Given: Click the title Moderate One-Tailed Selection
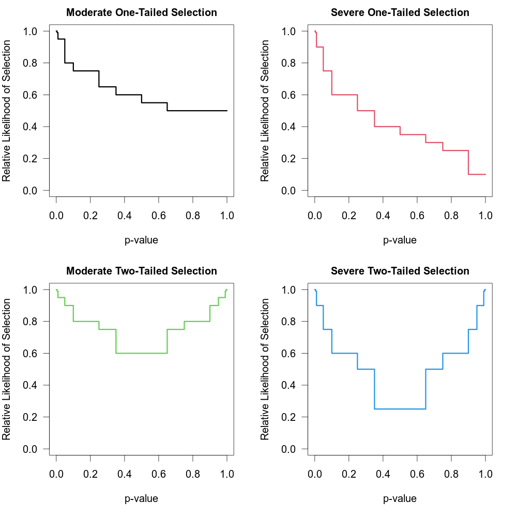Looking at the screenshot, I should click(x=142, y=12).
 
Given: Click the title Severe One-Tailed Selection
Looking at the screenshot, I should click(x=400, y=12).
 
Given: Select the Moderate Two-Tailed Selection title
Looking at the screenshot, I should click(x=142, y=271).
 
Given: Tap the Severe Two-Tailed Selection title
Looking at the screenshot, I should click(x=400, y=271).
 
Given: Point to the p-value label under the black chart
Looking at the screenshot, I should click(x=142, y=240).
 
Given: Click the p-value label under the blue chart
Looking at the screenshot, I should click(x=400, y=498).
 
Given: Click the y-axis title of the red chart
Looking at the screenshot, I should click(x=265, y=111).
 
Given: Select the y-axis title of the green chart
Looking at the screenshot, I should click(x=7, y=369).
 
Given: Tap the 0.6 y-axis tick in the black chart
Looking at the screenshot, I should click(x=31, y=95).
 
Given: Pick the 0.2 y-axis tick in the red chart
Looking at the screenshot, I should click(x=289, y=159).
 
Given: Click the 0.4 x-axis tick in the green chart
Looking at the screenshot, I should click(x=125, y=474).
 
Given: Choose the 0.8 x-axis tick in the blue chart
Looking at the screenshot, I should click(x=451, y=474).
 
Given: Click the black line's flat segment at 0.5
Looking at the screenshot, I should click(x=196, y=111).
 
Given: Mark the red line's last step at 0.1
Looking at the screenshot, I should click(x=477, y=174).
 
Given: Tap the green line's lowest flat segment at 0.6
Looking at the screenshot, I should click(x=142, y=353).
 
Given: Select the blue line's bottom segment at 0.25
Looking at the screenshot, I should click(x=400, y=409).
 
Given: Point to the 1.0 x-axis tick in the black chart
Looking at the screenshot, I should click(x=227, y=215).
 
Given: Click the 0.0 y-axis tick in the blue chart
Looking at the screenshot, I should click(x=289, y=449).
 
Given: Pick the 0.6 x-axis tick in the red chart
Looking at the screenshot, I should click(x=417, y=215).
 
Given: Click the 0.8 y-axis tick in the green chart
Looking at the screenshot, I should click(x=31, y=322).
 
